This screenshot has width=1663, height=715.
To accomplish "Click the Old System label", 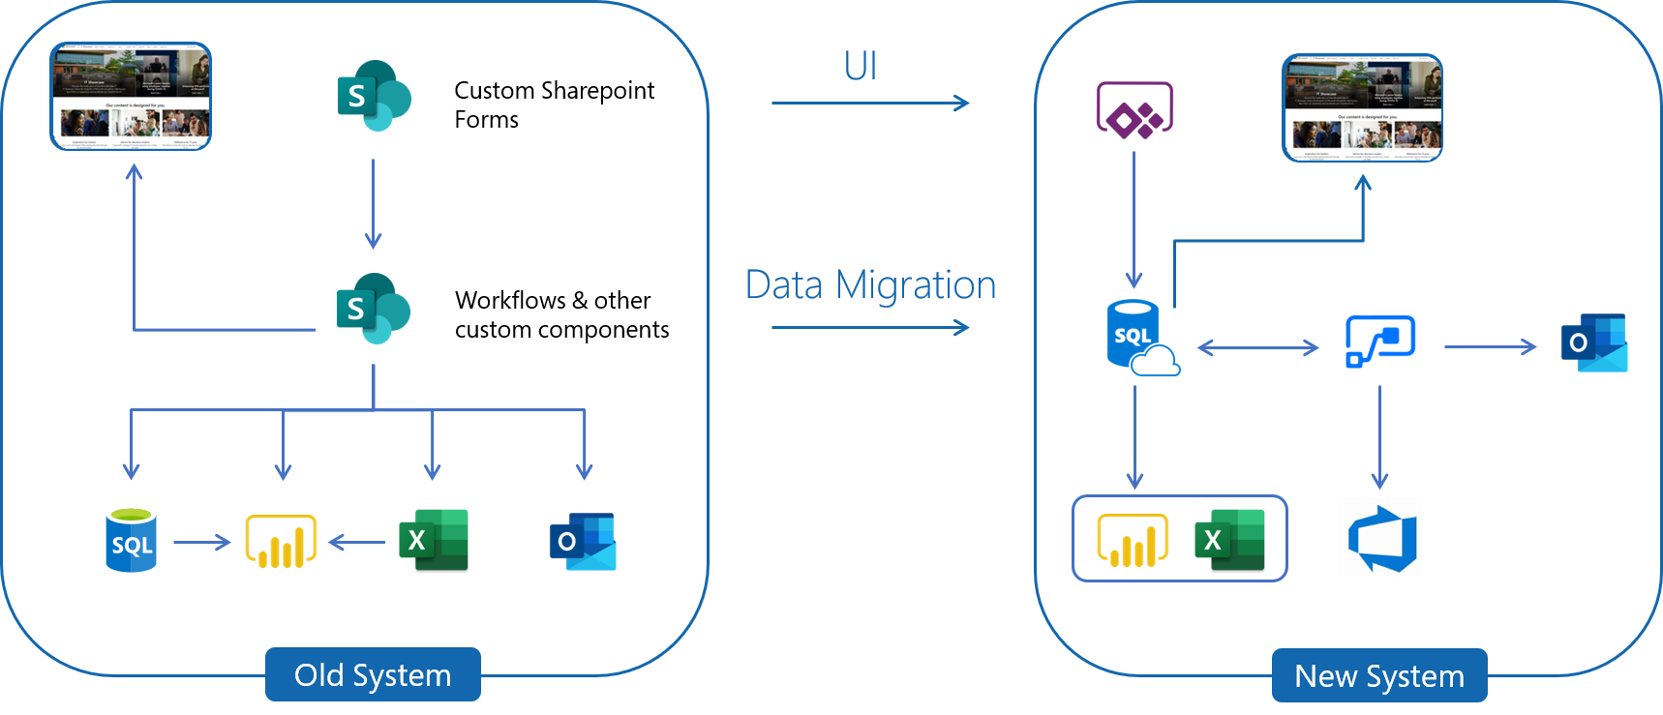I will click(373, 674).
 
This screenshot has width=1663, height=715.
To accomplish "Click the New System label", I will click(1379, 675).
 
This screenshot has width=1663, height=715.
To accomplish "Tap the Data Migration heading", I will click(870, 285).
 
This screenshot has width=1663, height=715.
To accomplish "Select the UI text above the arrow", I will click(861, 66).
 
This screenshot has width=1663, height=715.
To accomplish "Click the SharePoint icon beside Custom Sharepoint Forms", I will click(374, 96).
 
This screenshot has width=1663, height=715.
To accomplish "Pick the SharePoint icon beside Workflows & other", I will click(374, 309).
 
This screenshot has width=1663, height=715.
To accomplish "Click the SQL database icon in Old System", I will click(131, 540).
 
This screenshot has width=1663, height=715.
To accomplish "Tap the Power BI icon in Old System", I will click(282, 541).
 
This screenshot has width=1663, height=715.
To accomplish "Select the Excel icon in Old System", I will click(434, 540).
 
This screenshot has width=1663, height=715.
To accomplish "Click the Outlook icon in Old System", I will click(583, 542).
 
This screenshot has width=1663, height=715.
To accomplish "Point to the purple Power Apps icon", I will click(1134, 110).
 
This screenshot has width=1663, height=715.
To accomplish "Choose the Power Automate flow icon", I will click(1380, 342).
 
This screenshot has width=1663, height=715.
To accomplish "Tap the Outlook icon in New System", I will click(1593, 343).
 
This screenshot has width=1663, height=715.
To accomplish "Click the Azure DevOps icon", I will click(1382, 539).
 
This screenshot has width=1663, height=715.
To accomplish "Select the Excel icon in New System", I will click(1229, 540).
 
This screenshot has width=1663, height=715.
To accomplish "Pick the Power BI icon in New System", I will click(1133, 540).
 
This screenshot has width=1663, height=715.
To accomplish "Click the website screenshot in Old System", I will click(131, 96).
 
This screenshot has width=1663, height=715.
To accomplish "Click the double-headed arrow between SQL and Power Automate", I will click(1257, 347).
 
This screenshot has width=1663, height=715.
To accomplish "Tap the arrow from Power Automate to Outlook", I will click(1490, 346).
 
